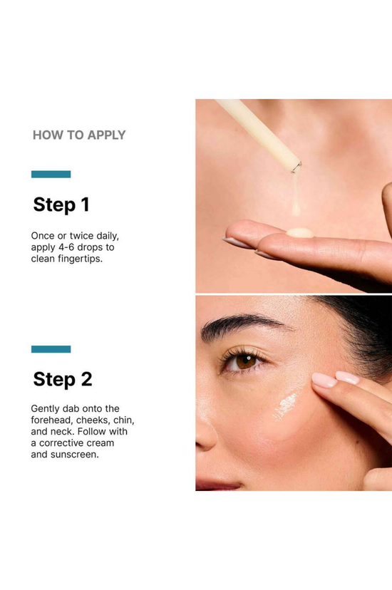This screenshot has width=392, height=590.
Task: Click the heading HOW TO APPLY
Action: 79,135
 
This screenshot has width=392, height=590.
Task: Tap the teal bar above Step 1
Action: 51,174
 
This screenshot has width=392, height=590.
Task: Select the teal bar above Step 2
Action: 51,349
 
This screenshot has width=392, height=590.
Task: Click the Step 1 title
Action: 61,205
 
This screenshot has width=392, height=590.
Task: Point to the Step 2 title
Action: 63,379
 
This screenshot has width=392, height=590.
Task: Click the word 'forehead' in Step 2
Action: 51,420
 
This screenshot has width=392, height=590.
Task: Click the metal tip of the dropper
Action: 296,167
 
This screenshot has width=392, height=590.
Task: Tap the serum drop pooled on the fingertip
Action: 300,232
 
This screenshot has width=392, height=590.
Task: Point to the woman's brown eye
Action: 245,361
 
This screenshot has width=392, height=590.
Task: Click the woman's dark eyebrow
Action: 241,324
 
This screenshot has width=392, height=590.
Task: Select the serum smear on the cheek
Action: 287,405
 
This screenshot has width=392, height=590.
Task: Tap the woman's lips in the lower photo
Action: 217,485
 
